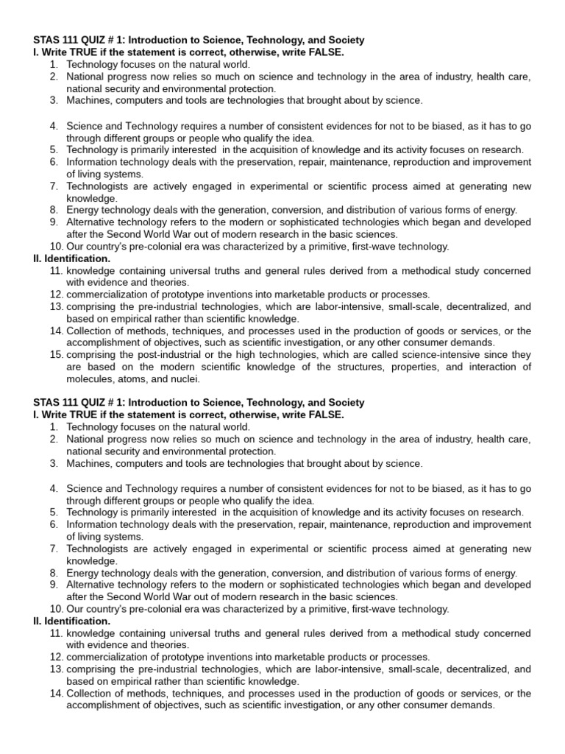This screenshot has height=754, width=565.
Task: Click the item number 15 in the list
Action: click(x=57, y=355)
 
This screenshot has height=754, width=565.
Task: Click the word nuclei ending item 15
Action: click(x=185, y=379)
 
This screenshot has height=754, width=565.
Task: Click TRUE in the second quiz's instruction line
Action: click(x=87, y=415)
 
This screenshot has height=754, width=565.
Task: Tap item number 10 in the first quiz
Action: click(x=57, y=247)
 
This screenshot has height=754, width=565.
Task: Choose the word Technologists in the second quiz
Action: click(x=98, y=549)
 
